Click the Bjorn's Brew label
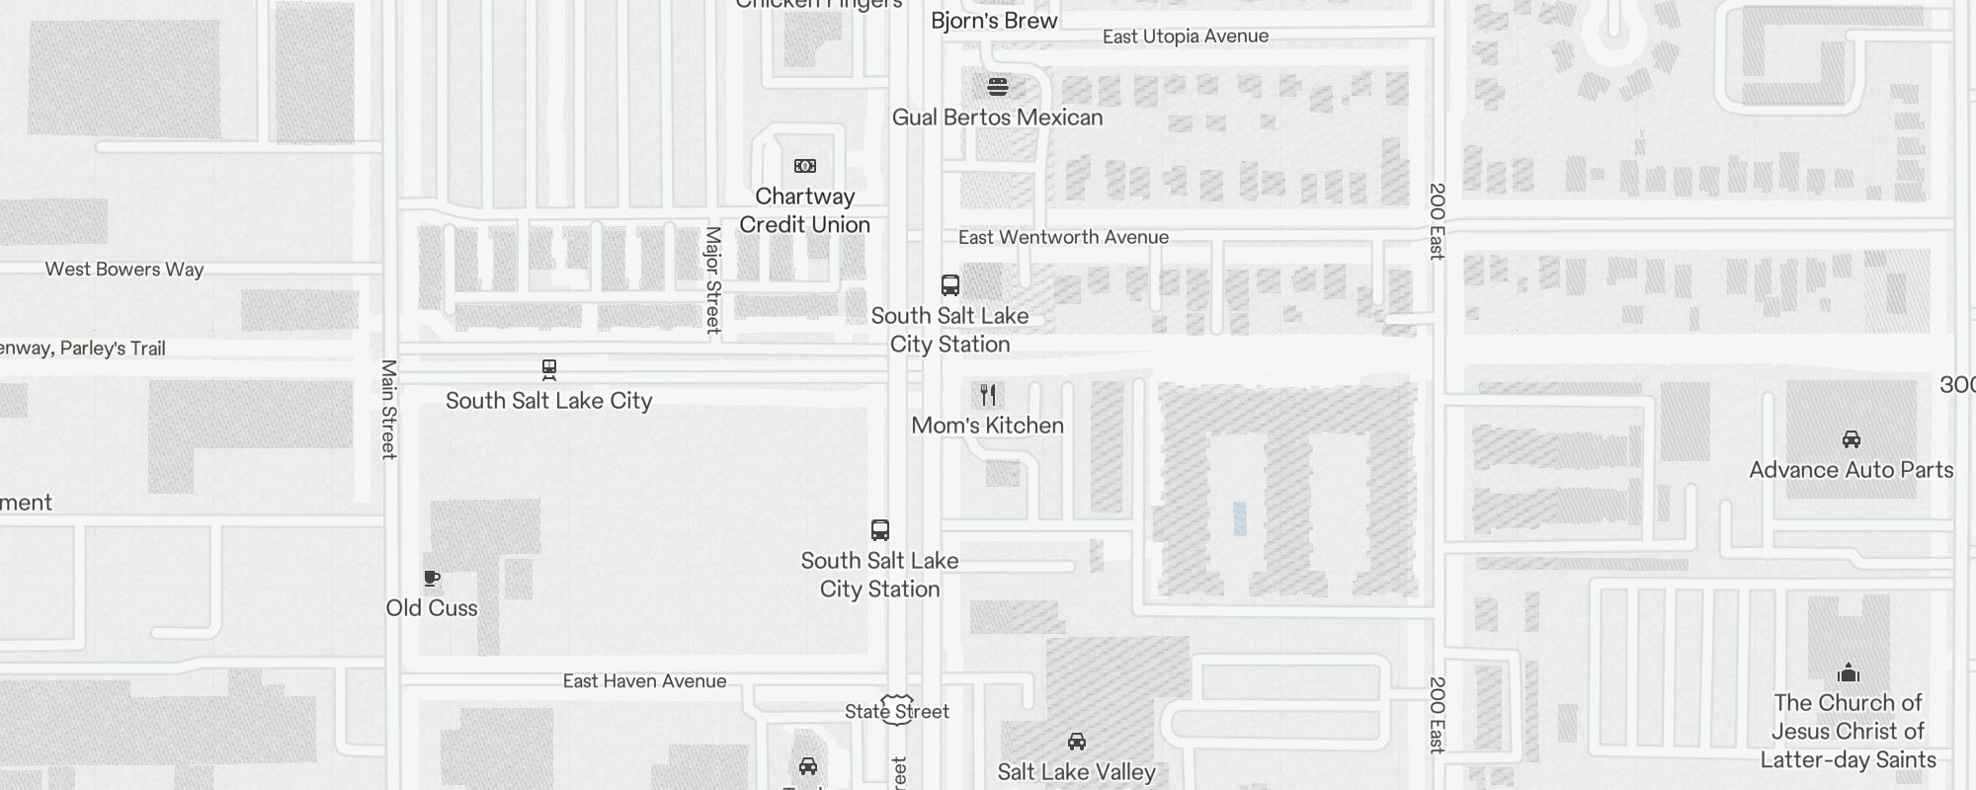point(994,21)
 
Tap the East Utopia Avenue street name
point(1185,37)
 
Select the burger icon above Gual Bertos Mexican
point(998,87)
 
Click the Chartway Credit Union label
point(804,210)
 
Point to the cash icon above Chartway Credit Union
point(805,166)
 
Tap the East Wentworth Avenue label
point(1063,237)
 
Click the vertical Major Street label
point(712,280)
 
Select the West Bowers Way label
point(124,270)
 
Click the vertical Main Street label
point(389,409)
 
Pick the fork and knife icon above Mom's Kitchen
point(988,395)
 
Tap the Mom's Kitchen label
point(987,426)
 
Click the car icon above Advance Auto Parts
point(1852,439)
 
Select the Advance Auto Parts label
point(1851,470)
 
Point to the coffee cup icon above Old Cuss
point(432,579)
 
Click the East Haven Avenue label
point(644,681)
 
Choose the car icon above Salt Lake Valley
point(1077,742)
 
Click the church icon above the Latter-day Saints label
point(1849,673)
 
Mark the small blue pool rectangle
point(1239,518)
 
